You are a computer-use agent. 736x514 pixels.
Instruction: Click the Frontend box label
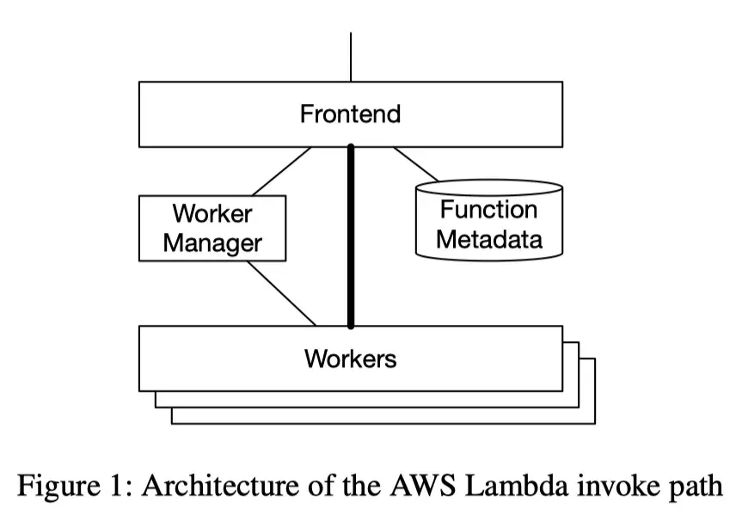(350, 113)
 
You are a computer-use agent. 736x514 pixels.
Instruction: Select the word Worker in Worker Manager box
(212, 213)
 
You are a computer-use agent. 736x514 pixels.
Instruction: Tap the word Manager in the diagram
(212, 242)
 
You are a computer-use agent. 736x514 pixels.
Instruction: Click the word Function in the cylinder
(488, 210)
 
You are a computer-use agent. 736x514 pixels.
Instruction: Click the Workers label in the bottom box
(350, 358)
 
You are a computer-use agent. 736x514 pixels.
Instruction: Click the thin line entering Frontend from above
(351, 57)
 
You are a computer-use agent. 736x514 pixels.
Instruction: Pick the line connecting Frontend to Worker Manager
(282, 171)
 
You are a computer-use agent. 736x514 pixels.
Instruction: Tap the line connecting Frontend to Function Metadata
(416, 164)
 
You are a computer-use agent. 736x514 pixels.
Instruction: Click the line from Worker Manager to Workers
(282, 293)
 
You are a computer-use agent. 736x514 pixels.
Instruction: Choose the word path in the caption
(695, 487)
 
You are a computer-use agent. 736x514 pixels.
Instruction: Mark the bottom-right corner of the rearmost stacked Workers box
(594, 423)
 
